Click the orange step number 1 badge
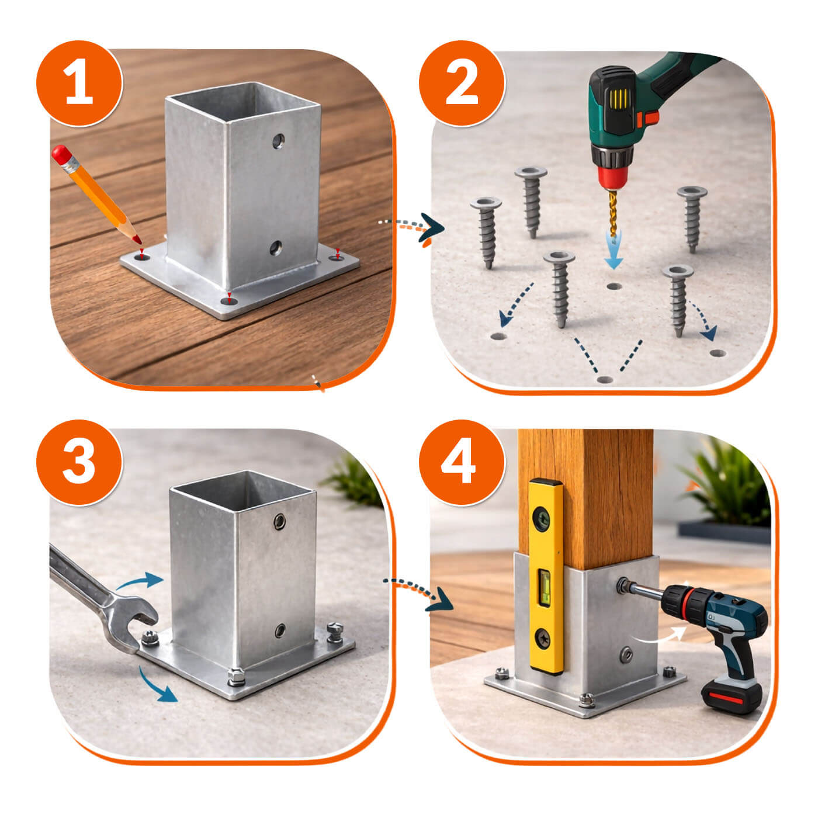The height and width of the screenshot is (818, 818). tap(79, 83)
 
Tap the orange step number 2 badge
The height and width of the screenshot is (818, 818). tap(462, 83)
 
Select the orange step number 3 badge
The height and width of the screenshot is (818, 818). tap(79, 462)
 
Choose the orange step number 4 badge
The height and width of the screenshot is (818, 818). tap(462, 462)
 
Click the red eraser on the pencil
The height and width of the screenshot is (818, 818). tap(61, 154)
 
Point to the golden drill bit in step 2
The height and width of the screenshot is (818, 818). tap(612, 212)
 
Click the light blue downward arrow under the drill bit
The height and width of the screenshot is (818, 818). tap(613, 251)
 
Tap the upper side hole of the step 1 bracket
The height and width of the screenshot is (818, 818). tap(279, 140)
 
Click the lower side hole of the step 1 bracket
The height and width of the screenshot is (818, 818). tap(276, 248)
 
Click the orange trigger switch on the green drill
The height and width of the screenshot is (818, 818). tap(649, 117)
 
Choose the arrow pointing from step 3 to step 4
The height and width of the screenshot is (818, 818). tap(418, 591)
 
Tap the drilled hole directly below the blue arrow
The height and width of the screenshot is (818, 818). tap(614, 286)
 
